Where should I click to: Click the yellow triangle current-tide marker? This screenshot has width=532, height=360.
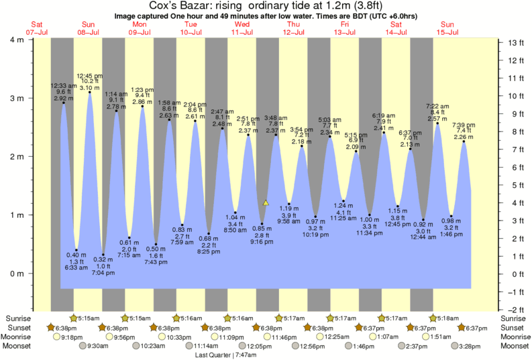coord(266,202)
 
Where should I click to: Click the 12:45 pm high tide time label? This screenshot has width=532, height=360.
coord(89,76)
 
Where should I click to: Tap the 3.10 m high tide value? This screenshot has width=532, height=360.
coord(89,88)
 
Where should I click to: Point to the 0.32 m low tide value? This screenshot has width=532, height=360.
coord(103,259)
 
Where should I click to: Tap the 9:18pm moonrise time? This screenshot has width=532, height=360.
coord(72,337)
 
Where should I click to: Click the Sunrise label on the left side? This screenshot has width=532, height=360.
coord(18,318)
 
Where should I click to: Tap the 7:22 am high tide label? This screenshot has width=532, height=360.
coord(437,106)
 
